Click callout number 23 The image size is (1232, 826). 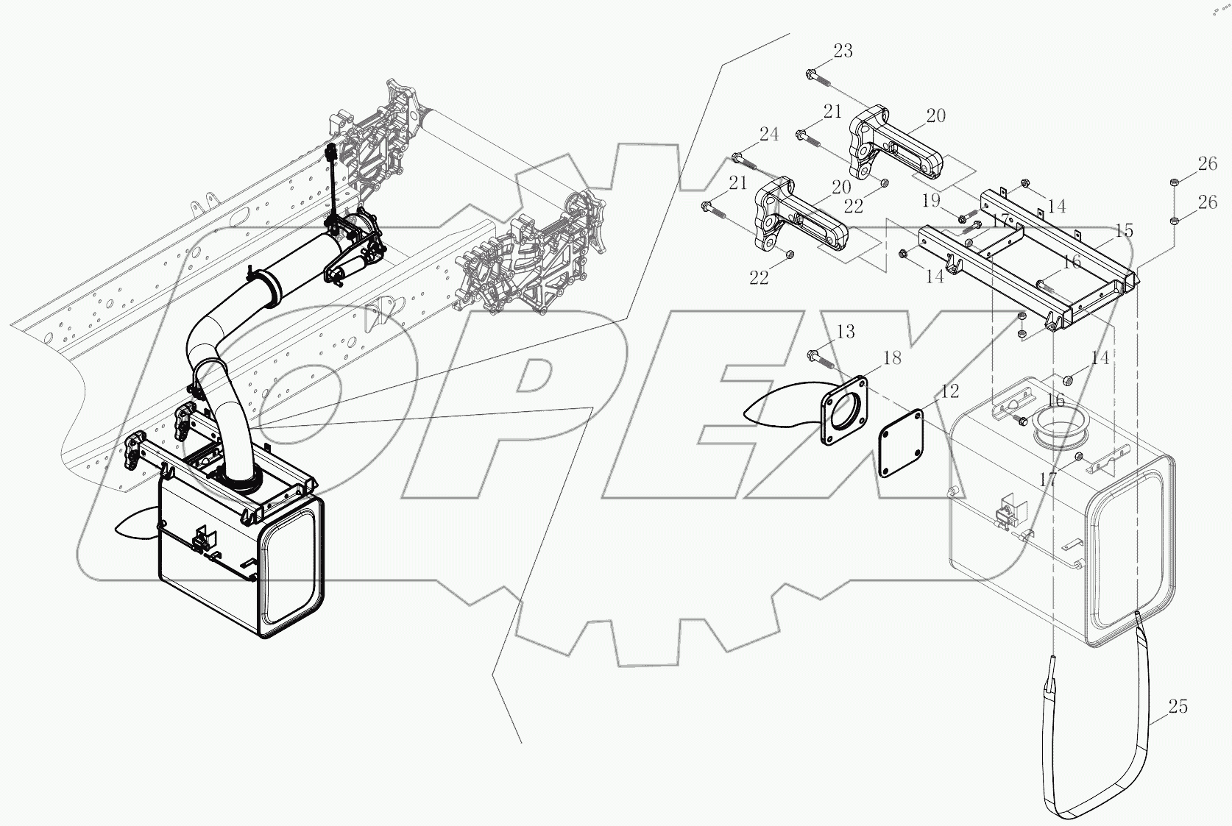pyautogui.click(x=843, y=51)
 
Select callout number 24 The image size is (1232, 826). pyautogui.click(x=768, y=134)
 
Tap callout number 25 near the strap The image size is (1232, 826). pyautogui.click(x=1178, y=707)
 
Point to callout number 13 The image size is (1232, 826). pyautogui.click(x=846, y=332)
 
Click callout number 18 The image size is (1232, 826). pyautogui.click(x=891, y=358)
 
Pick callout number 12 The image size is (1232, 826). pyautogui.click(x=950, y=391)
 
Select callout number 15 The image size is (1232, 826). pyautogui.click(x=1124, y=231)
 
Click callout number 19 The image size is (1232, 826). pyautogui.click(x=932, y=201)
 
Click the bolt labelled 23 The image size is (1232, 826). pyautogui.click(x=818, y=76)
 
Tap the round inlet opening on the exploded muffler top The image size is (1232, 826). pyautogui.click(x=1059, y=430)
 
